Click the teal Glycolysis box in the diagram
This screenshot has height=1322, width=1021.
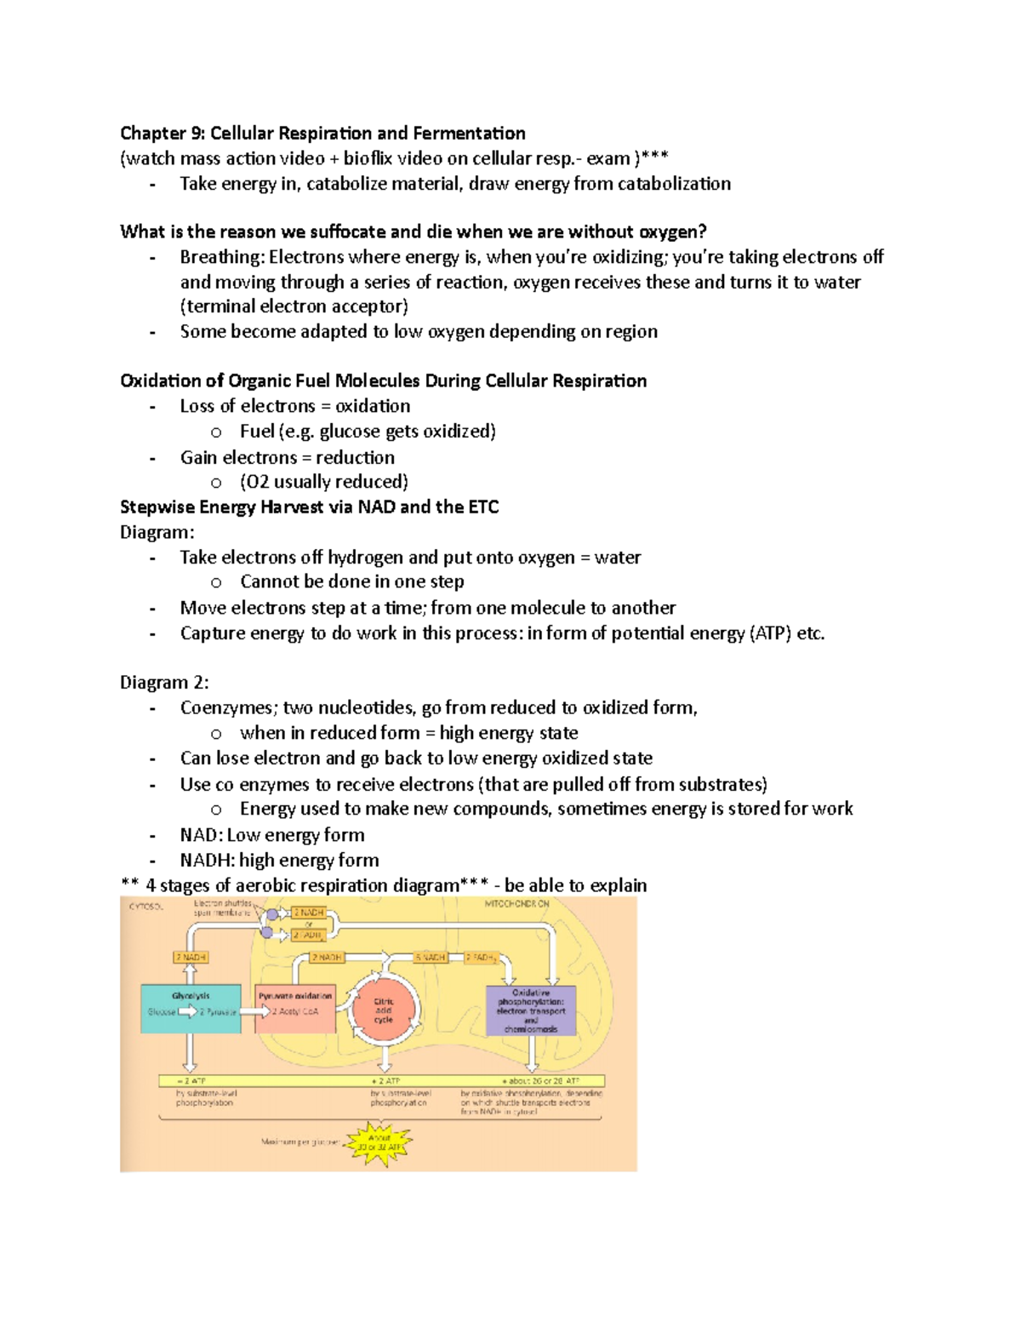191,1009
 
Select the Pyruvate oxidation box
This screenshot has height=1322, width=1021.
295,1009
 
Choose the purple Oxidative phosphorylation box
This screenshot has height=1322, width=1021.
531,1010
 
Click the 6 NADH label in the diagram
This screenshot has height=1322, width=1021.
431,958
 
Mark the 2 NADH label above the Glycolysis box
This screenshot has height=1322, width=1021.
191,958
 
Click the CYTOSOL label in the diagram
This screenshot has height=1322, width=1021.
145,907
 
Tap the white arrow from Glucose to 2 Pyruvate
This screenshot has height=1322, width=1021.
186,1012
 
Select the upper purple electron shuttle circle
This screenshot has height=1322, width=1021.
272,914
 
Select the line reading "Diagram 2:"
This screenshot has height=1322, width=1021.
164,682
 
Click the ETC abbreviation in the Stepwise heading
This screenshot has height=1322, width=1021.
482,507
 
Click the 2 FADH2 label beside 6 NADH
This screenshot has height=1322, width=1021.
481,958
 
